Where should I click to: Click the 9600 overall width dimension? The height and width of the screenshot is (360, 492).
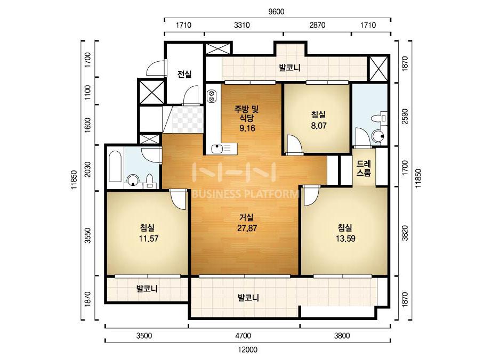[x=276, y=12]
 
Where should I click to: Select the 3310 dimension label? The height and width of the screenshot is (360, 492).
[x=242, y=25]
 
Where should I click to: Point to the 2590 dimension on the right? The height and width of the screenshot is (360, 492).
[x=405, y=116]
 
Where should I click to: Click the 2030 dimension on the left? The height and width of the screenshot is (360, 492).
[x=87, y=169]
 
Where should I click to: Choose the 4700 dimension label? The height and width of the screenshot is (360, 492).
[x=243, y=336]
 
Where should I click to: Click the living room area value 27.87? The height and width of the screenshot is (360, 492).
[x=247, y=228]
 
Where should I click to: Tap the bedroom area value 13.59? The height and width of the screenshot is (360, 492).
[x=345, y=239]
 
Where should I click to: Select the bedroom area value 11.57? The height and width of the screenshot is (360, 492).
[x=148, y=239]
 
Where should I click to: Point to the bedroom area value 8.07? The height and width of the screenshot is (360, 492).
[x=318, y=126]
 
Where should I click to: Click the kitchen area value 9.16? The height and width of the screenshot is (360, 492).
[x=247, y=128]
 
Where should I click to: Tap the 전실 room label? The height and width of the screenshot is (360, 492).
[x=184, y=75]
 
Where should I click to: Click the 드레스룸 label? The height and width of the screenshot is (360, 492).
[x=364, y=168]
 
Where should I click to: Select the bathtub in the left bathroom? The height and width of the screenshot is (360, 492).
[x=115, y=167]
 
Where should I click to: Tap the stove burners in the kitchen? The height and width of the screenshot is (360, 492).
[x=211, y=96]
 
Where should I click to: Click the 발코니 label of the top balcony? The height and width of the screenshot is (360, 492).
[x=290, y=68]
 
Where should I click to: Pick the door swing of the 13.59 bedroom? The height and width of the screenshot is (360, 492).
[x=311, y=196]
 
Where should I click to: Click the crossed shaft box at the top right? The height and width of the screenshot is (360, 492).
[x=378, y=69]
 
